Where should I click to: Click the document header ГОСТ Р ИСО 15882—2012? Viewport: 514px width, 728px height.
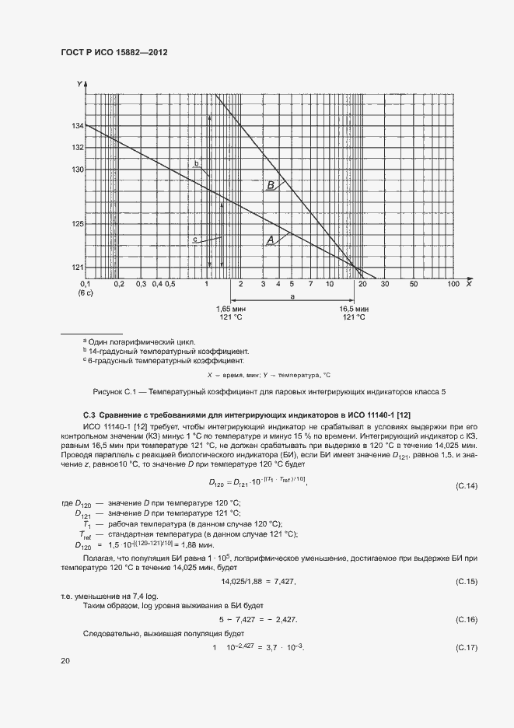(x=114, y=52)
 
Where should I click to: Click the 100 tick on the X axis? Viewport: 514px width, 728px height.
(x=453, y=285)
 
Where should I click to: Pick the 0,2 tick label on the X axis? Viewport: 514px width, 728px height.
(x=119, y=285)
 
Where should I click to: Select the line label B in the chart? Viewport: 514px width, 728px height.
(x=270, y=185)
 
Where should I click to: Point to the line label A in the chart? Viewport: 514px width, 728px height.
(x=270, y=241)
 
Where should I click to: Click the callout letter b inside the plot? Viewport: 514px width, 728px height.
(x=197, y=163)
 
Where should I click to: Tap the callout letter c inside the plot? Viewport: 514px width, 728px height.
(x=194, y=239)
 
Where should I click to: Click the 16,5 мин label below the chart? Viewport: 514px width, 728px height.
(x=354, y=309)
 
